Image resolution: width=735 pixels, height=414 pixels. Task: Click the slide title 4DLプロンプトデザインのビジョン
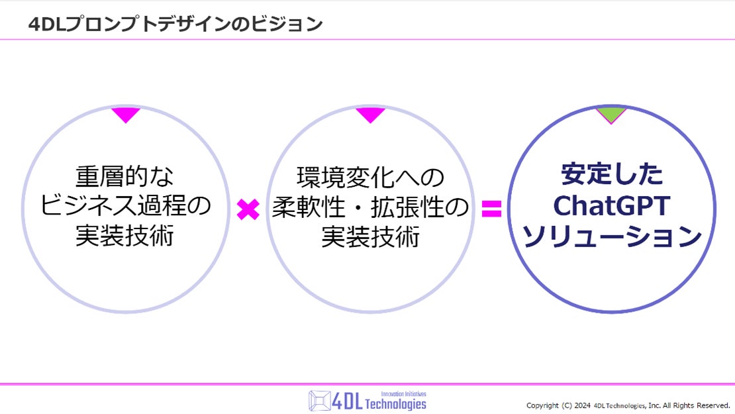pos(175,24)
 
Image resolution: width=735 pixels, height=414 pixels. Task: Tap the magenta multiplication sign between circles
pos(248,210)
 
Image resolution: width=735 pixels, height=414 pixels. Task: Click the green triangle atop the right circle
pos(611,115)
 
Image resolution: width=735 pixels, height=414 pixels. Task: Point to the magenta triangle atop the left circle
pos(125,115)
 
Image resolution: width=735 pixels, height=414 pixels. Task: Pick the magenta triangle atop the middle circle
pos(370,115)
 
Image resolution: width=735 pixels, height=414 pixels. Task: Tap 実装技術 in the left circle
pos(124,236)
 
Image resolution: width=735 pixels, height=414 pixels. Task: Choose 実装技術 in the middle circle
pos(370,236)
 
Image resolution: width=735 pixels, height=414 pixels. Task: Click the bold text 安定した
pos(611,175)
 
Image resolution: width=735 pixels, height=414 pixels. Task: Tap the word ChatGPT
pos(611,206)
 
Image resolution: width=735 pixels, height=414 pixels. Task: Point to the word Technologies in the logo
pos(395,404)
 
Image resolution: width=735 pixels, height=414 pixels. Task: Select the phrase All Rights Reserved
pos(696,405)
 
